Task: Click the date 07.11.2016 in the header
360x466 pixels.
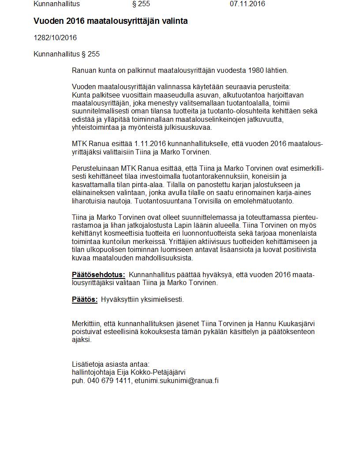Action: point(247,4)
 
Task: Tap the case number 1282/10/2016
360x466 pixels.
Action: point(55,38)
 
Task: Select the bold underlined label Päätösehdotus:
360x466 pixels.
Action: point(98,275)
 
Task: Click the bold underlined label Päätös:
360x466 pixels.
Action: point(85,300)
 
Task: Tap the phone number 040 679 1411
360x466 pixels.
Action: point(109,380)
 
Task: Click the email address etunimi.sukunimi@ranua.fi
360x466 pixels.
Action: point(176,380)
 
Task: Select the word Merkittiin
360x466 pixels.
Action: point(87,323)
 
